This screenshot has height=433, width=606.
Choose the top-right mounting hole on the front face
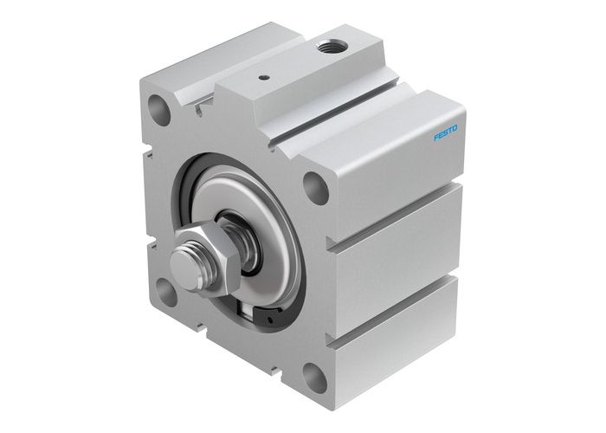click(x=317, y=187)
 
